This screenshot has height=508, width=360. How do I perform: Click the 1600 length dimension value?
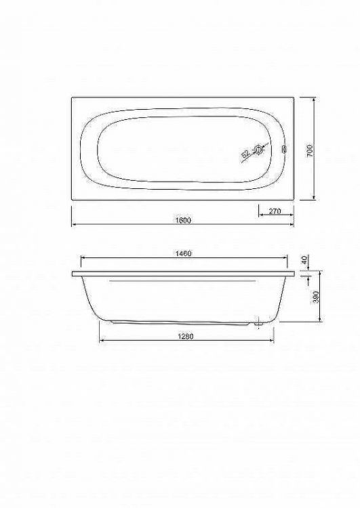182,220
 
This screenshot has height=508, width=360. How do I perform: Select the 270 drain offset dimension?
275,211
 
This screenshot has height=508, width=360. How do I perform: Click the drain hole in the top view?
258,151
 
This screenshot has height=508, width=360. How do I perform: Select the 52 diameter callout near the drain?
245,155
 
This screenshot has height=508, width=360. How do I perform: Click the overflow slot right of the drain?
283,150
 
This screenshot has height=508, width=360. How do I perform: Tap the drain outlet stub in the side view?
258,324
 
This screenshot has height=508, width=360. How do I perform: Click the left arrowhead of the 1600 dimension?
73,224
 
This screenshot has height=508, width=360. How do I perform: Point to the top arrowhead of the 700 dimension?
315,99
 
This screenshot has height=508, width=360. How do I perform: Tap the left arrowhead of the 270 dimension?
260,215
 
